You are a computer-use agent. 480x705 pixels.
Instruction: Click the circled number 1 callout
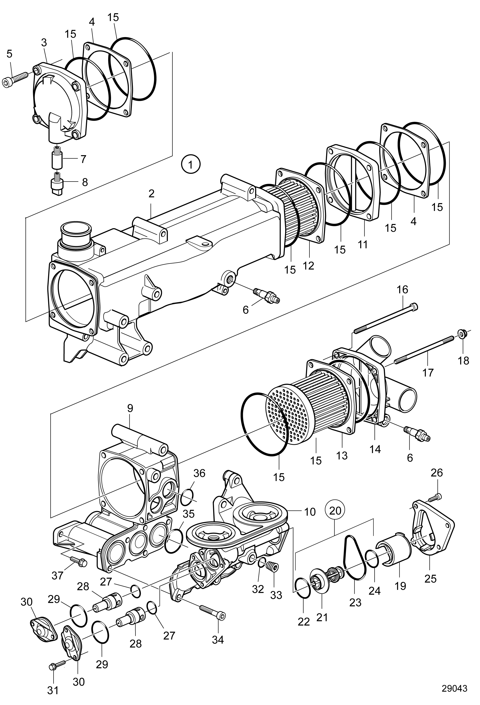pos(190,165)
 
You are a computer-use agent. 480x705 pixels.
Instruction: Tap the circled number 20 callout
pos(335,510)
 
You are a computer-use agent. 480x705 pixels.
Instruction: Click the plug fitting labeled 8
pos(57,183)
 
